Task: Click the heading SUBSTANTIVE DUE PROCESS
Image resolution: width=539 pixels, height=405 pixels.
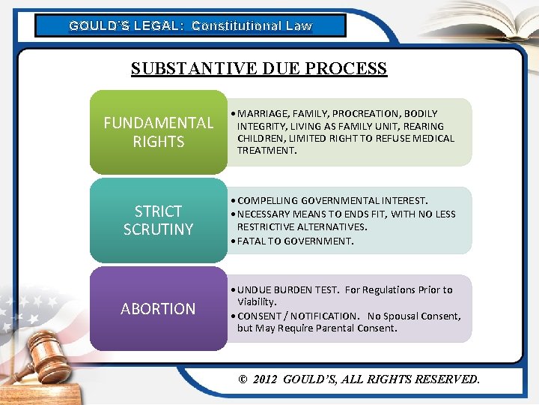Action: point(258,69)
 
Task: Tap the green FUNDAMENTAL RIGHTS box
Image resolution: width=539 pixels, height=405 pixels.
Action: point(158,132)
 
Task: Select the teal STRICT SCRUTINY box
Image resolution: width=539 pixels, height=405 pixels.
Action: point(158,220)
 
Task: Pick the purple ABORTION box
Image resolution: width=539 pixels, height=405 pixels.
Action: point(158,308)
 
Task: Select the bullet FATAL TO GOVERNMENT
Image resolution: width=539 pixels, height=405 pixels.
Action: point(295,241)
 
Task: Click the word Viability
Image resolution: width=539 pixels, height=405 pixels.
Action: point(257,301)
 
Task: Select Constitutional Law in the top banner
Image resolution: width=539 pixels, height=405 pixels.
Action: point(252,25)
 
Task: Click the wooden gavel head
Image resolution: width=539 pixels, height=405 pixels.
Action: point(46,353)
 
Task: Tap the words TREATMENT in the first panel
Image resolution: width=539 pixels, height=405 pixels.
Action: point(267,150)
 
